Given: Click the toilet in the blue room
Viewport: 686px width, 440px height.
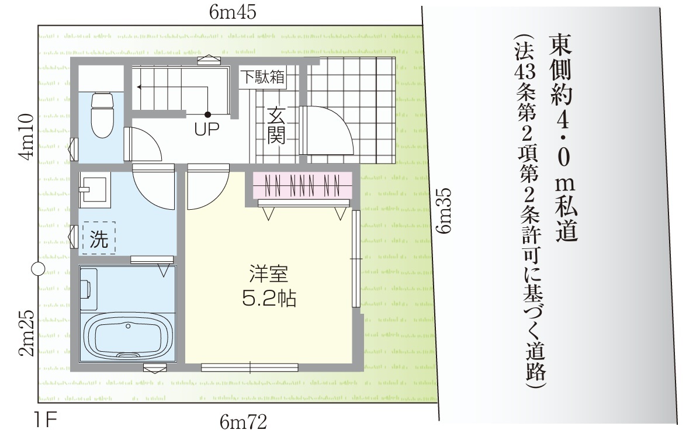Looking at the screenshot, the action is pos(102,115).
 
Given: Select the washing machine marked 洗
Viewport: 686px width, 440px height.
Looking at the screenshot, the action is pos(99,237).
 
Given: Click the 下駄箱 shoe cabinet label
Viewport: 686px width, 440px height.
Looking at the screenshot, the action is pos(263,77).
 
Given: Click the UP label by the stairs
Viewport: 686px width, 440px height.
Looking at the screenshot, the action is pos(206,129).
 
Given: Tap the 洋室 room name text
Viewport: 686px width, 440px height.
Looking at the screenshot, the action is pos(268,274).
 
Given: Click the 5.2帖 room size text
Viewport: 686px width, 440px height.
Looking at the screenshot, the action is pos(269,299).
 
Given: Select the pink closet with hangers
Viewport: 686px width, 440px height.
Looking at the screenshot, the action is pos(303,184).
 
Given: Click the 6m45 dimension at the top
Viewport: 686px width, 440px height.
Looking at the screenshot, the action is pos(233,12).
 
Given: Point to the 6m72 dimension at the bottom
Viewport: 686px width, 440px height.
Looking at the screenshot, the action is pos(243,422).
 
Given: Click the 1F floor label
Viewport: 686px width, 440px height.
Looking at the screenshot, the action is pos(46,421).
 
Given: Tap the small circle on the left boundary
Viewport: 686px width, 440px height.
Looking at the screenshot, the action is pos(39,269).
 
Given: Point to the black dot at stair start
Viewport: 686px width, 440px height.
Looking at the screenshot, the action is pos(208,115).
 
